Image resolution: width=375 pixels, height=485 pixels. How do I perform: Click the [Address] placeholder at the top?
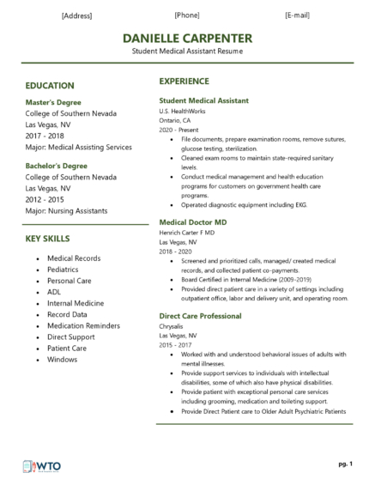[77, 15]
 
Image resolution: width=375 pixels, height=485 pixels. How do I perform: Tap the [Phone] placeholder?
[187, 15]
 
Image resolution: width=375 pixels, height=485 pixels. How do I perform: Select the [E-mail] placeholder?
[297, 15]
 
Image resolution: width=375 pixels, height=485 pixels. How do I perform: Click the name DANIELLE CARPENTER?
[187, 39]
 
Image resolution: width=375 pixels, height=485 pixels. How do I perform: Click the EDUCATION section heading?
[50, 86]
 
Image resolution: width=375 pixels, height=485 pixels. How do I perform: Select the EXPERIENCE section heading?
[184, 82]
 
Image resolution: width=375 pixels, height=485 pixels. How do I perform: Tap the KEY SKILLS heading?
[48, 238]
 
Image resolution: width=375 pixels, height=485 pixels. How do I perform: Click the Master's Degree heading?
[56, 103]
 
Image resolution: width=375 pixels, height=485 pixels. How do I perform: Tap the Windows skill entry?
[64, 360]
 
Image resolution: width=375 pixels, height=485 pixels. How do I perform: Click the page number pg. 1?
[345, 464]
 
